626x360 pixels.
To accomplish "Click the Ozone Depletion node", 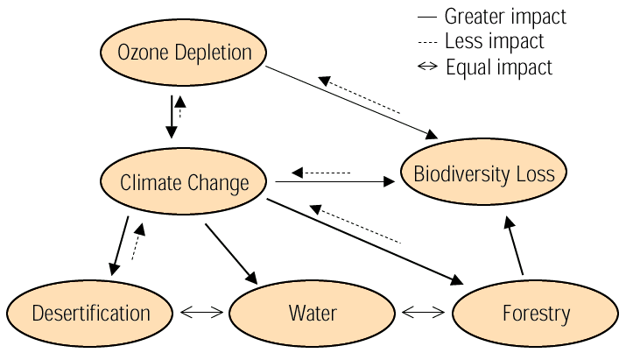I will click(x=185, y=53).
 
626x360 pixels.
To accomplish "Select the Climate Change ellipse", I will click(x=185, y=183).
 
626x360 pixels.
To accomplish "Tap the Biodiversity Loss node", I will click(x=484, y=173).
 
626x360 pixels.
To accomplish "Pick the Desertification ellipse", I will click(x=91, y=313).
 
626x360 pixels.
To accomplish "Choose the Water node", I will click(x=313, y=313).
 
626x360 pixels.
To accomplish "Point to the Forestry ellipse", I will click(x=536, y=313).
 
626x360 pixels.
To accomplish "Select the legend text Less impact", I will click(x=494, y=41).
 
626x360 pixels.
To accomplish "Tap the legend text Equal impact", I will click(x=499, y=67).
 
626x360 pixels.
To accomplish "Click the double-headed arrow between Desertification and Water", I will click(x=201, y=312).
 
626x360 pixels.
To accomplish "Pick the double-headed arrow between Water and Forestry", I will click(x=425, y=312).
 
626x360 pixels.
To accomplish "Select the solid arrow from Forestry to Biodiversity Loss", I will click(x=514, y=246).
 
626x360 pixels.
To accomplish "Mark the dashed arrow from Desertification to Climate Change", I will click(x=137, y=242).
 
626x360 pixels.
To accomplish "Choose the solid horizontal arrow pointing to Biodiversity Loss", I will click(x=334, y=182).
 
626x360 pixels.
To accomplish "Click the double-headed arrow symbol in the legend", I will click(x=427, y=67).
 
